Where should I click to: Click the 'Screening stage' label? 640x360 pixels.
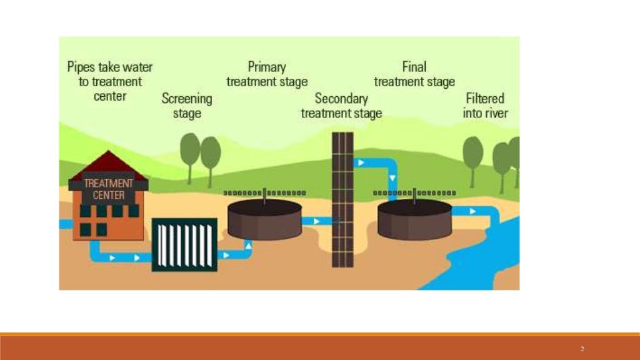tap(187, 106)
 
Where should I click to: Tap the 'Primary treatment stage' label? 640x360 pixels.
tap(267, 74)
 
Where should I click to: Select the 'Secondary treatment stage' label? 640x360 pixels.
tap(341, 106)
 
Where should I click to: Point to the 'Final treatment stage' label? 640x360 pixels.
tap(414, 74)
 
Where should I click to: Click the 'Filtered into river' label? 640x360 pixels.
tap(485, 106)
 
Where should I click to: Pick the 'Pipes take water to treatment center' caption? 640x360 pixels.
tap(110, 81)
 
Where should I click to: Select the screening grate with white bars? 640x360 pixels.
tap(184, 244)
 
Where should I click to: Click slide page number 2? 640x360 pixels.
tap(582, 349)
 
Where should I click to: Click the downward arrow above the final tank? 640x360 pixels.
tap(392, 177)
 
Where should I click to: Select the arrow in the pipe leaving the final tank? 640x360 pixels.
tap(472, 211)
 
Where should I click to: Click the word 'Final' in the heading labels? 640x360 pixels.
tap(414, 66)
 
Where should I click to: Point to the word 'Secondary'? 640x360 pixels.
tap(341, 98)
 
